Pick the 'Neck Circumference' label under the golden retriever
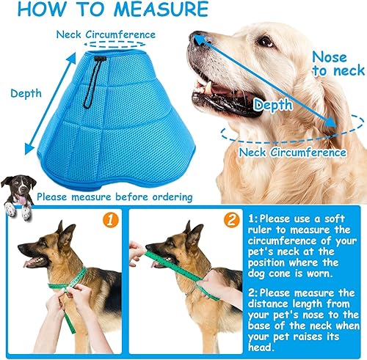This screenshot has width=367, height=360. pyautogui.click(x=293, y=152)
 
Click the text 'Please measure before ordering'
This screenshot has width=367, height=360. pyautogui.click(x=115, y=196)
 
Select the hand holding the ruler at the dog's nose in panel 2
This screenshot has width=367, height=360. pyautogui.click(x=137, y=253)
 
